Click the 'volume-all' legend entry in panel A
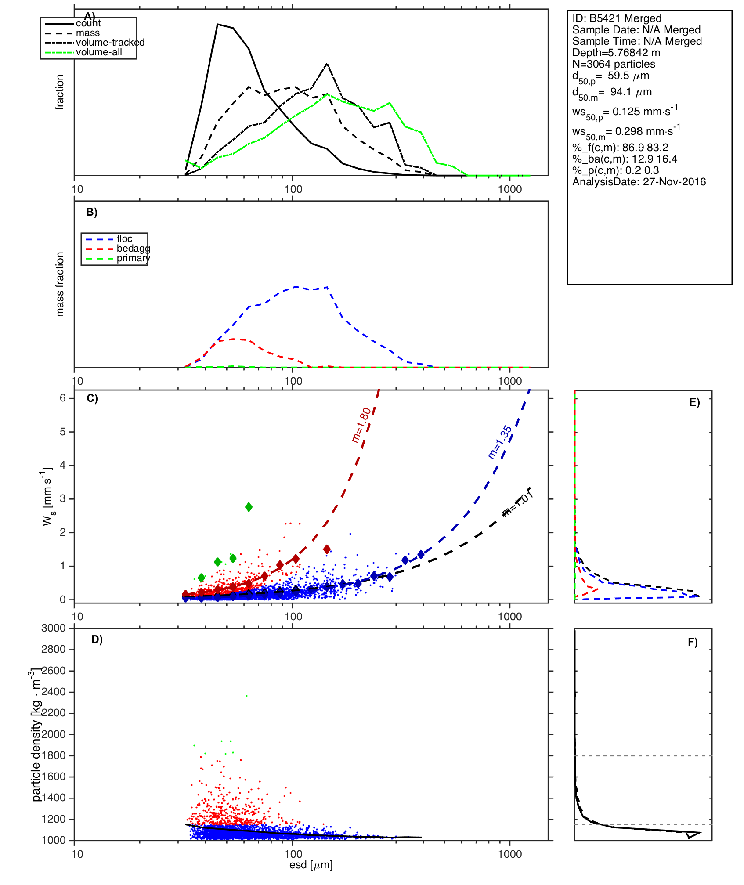coord(99,52)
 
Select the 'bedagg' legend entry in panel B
coord(133,249)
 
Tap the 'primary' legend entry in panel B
coord(133,258)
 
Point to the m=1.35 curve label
coord(500,442)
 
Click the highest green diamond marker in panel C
coord(249,507)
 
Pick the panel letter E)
coord(694,403)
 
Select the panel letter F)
coord(693,643)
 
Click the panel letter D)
coord(97,639)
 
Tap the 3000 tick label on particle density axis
coord(53,628)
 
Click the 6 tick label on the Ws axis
coord(63,398)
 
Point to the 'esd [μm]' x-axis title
coord(311,865)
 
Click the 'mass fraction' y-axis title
coord(60,284)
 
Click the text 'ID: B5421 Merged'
coord(617,18)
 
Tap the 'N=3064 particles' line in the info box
coord(614,64)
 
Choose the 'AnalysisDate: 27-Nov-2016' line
coord(639,182)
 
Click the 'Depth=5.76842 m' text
coord(616,53)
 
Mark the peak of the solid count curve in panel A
coord(217,24)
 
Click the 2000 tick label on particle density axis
coord(53,734)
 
